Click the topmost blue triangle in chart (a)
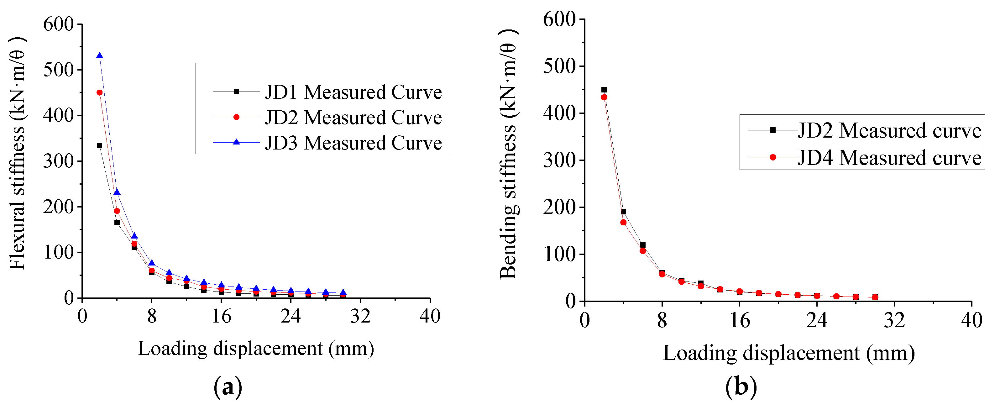[x=100, y=56]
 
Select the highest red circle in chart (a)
[x=100, y=93]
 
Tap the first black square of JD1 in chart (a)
[x=100, y=146]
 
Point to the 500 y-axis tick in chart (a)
[x=58, y=70]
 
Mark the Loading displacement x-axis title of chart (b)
[x=788, y=353]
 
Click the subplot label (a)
[x=228, y=387]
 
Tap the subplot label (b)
[x=741, y=387]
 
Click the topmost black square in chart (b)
[x=604, y=90]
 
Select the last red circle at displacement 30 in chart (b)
[x=875, y=297]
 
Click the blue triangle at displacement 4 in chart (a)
[x=117, y=192]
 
